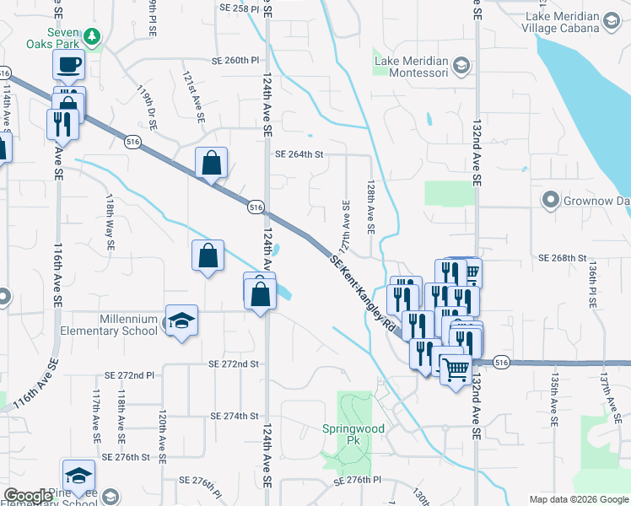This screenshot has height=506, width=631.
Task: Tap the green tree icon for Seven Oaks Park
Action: pyautogui.click(x=94, y=36)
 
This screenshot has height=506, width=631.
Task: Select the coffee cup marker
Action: pyautogui.click(x=68, y=65)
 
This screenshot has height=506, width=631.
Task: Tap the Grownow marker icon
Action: pyautogui.click(x=551, y=201)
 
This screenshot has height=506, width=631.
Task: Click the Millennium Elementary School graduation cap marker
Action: pyautogui.click(x=181, y=321)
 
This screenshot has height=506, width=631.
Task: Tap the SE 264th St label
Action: pyautogui.click(x=299, y=154)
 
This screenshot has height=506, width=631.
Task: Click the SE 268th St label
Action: pyautogui.click(x=567, y=257)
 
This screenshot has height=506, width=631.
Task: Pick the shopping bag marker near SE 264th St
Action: pyautogui.click(x=211, y=163)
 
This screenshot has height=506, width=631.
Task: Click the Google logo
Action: pyautogui.click(x=28, y=497)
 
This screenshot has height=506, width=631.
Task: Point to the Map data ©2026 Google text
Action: pyautogui.click(x=578, y=499)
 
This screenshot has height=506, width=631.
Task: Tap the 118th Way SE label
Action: pyautogui.click(x=109, y=223)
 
